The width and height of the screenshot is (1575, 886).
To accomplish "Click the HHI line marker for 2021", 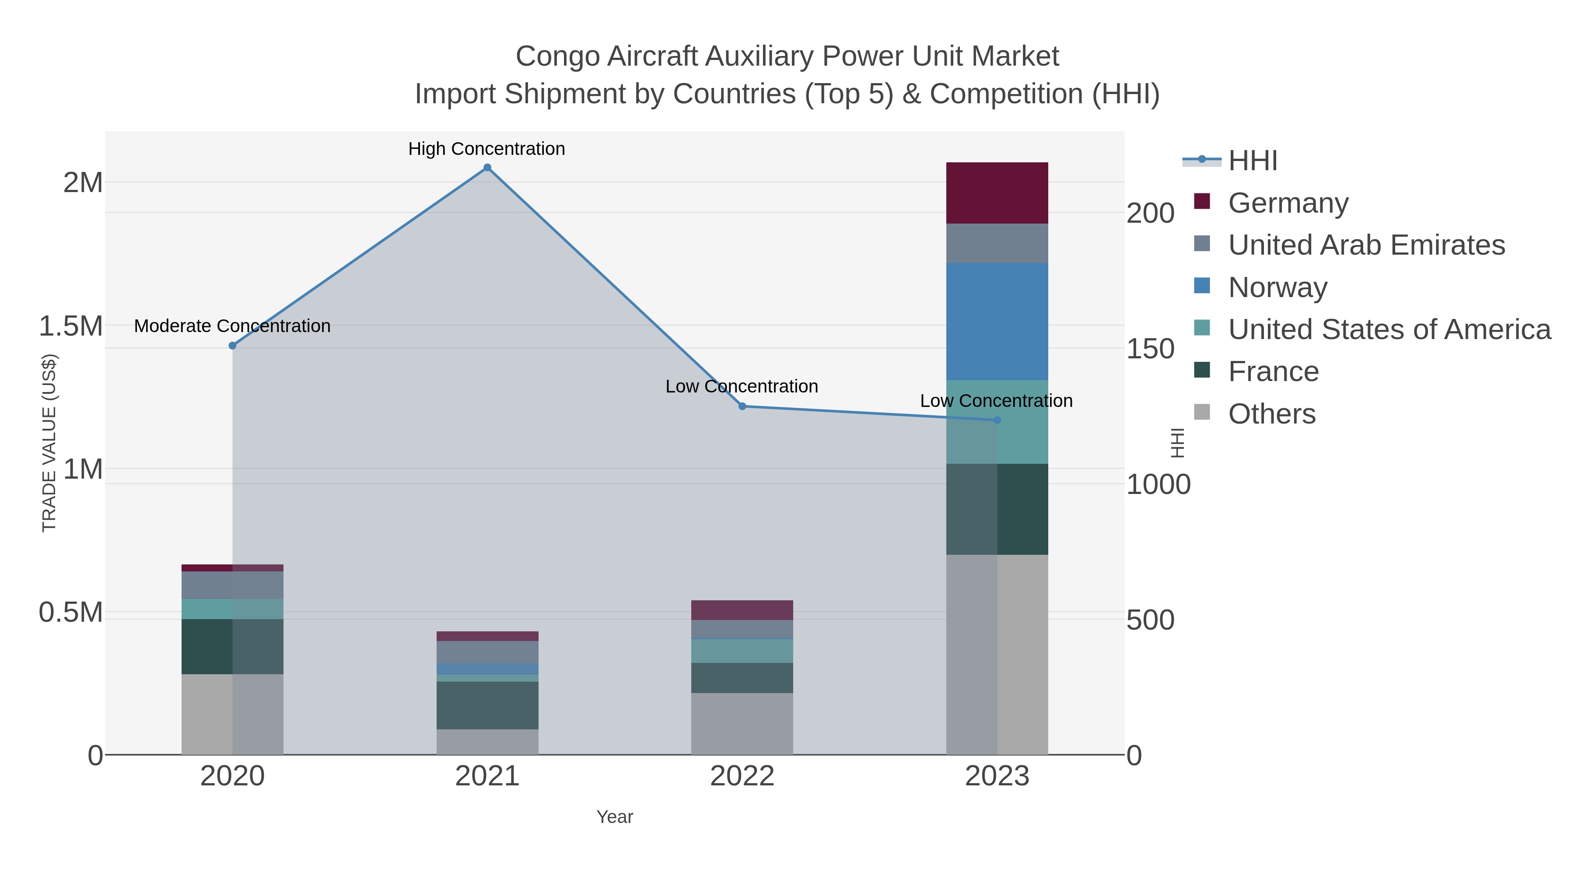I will tap(487, 168).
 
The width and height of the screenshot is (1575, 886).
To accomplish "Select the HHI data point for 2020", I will tap(232, 346).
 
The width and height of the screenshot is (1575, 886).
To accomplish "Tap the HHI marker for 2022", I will tap(742, 406).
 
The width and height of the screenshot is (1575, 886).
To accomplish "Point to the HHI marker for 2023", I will tap(997, 420).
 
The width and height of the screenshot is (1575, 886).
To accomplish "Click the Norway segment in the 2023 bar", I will tap(997, 322).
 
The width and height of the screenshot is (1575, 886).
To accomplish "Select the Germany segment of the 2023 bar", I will tap(997, 193).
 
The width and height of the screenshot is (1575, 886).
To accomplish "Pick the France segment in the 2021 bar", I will tap(487, 705).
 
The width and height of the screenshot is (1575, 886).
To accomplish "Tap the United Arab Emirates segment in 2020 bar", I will tap(232, 585).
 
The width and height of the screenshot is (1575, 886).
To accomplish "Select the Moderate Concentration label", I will tap(232, 326).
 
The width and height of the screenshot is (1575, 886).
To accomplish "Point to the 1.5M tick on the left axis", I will tap(70, 326).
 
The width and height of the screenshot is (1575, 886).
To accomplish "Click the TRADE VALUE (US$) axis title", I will tap(49, 443).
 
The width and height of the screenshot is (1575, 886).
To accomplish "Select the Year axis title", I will tap(615, 817).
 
